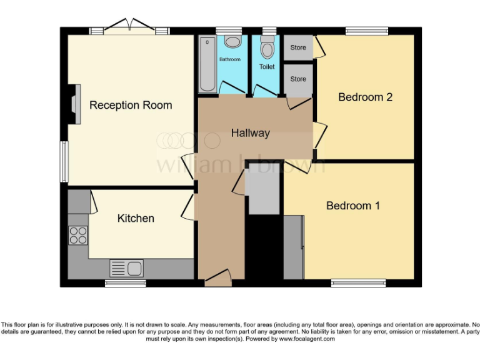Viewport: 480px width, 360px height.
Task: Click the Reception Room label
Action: coord(131,105)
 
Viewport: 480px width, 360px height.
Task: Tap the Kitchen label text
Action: coord(136,218)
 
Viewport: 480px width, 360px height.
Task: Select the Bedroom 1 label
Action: coord(353,206)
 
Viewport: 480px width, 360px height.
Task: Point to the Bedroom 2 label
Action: coord(365,97)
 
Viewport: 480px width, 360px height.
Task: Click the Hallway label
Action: coord(250,133)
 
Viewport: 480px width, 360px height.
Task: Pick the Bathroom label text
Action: coord(229,59)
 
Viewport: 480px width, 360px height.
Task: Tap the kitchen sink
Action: coord(127,268)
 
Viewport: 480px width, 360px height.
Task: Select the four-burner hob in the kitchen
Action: coord(78,235)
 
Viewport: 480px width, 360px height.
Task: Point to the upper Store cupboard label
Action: coord(298,47)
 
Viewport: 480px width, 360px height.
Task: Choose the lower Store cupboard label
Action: coord(298,79)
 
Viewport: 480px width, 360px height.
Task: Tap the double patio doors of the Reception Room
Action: coord(129,26)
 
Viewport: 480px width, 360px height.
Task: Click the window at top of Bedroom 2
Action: coord(367,31)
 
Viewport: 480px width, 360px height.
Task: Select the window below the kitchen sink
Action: coord(125,283)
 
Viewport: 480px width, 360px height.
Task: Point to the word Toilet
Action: coord(267,66)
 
